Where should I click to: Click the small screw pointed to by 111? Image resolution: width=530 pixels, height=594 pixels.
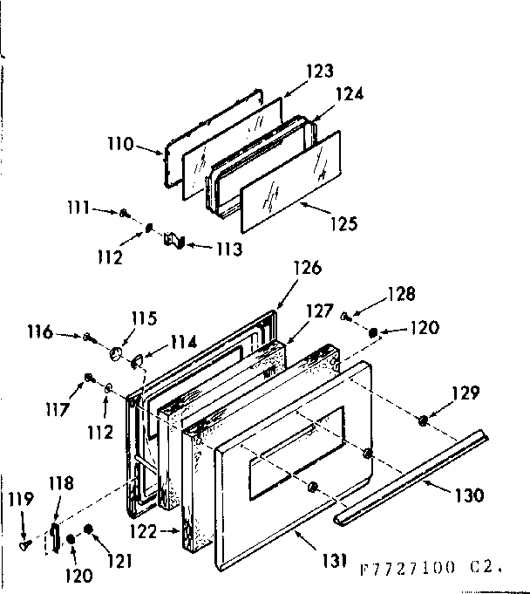click(x=127, y=212)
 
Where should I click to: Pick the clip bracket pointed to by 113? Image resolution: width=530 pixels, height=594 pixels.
click(x=173, y=239)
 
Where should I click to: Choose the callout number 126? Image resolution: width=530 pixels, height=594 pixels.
click(x=307, y=268)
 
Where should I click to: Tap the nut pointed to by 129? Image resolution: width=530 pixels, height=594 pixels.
click(x=423, y=420)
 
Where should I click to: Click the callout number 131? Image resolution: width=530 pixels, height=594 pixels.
click(x=332, y=559)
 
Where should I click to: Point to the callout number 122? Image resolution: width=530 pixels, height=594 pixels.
click(x=157, y=529)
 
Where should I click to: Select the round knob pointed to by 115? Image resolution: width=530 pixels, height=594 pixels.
click(x=115, y=352)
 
